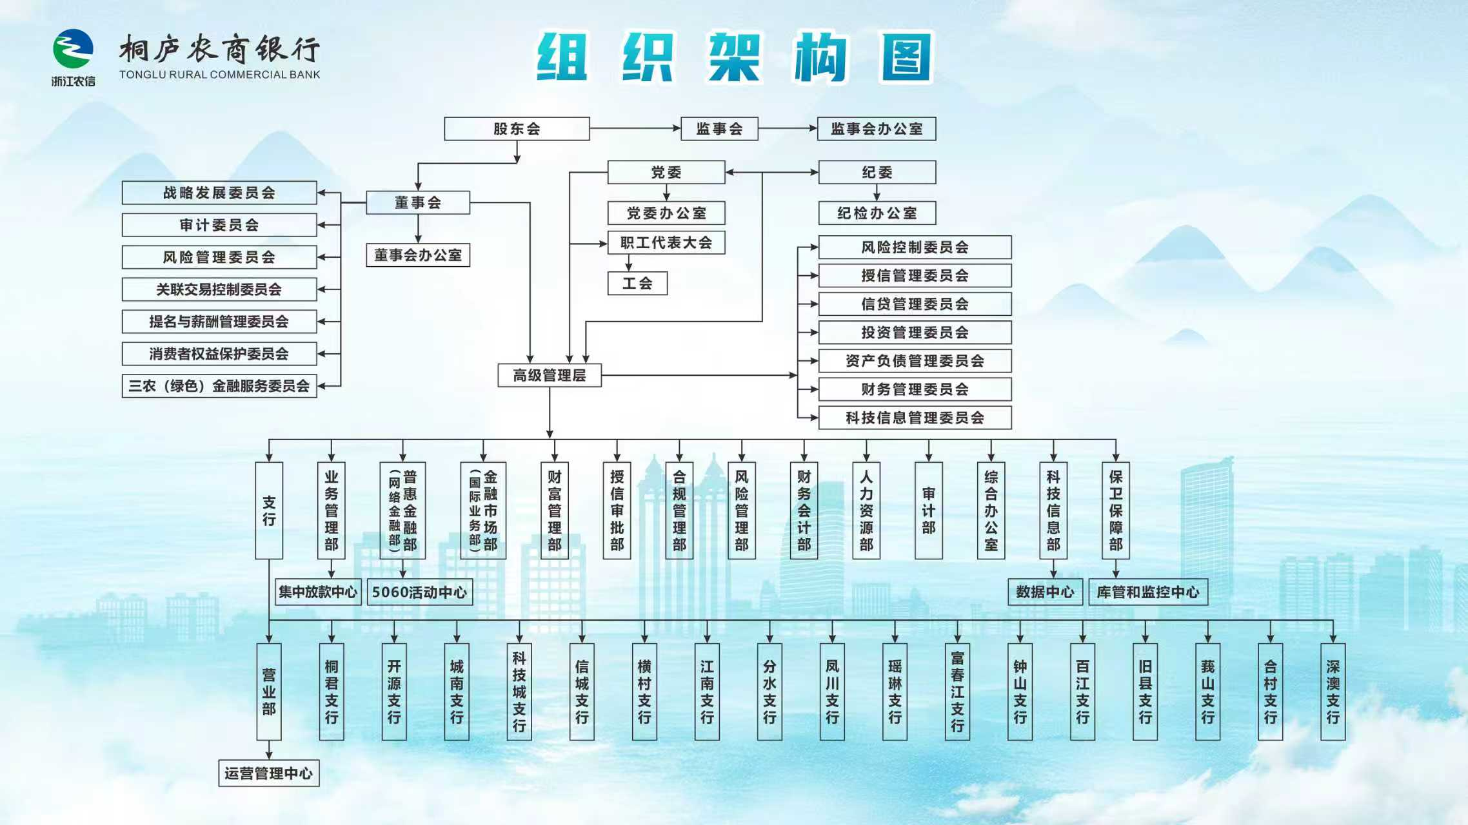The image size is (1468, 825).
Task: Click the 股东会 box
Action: tap(517, 129)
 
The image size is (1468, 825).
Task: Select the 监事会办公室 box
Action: tap(877, 129)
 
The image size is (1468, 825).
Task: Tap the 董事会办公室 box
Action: tap(418, 255)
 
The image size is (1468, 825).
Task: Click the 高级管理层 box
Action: tap(550, 375)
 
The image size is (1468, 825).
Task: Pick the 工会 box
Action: tap(637, 284)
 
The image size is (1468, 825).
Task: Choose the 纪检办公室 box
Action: tap(877, 213)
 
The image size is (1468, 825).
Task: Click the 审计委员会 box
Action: tap(219, 225)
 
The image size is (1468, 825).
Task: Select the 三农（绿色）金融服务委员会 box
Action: tap(219, 386)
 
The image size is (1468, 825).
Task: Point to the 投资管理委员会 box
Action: tap(915, 333)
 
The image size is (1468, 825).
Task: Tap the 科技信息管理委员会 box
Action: tap(915, 418)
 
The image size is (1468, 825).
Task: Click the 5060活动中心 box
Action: tap(419, 592)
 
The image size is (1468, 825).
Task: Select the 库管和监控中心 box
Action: tap(1148, 592)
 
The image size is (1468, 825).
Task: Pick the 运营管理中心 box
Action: tap(268, 773)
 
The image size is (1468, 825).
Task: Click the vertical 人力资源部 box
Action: tap(866, 510)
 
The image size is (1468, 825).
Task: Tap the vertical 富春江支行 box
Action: tap(957, 692)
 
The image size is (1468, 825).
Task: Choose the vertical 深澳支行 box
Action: tap(1333, 692)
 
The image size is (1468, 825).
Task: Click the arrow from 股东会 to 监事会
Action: tap(635, 128)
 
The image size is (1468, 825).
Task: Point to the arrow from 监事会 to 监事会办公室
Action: tap(788, 128)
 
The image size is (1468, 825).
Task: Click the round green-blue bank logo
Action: tap(73, 49)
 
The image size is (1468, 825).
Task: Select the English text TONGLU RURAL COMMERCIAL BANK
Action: tap(219, 75)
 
